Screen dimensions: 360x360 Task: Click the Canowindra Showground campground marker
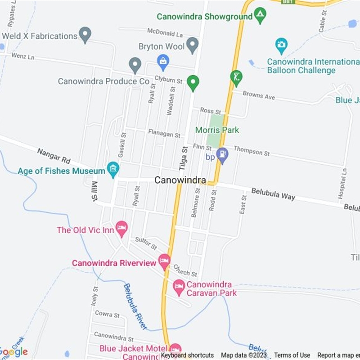click(x=260, y=15)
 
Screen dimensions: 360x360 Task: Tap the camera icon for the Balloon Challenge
click(x=281, y=45)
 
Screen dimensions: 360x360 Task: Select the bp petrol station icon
click(x=222, y=155)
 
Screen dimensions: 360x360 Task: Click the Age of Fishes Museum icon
click(x=113, y=170)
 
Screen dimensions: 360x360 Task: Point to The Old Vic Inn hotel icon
click(x=121, y=228)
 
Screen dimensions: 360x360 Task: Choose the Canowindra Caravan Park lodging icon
click(x=179, y=287)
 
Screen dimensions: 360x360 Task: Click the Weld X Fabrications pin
click(x=85, y=34)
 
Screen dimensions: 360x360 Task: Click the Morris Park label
click(x=217, y=130)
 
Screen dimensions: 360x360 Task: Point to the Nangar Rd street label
click(x=54, y=156)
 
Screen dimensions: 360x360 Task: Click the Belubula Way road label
click(x=273, y=194)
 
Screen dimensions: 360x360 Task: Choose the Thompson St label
click(x=252, y=151)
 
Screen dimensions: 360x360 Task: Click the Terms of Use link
click(x=292, y=355)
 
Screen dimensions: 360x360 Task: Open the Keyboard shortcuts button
click(x=187, y=355)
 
